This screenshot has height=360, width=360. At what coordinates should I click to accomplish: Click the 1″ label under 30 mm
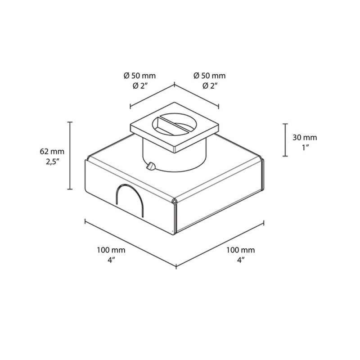point(305,147)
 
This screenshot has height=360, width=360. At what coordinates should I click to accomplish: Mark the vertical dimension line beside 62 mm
point(70,155)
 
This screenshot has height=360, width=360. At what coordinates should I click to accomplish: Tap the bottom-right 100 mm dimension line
point(219,245)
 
